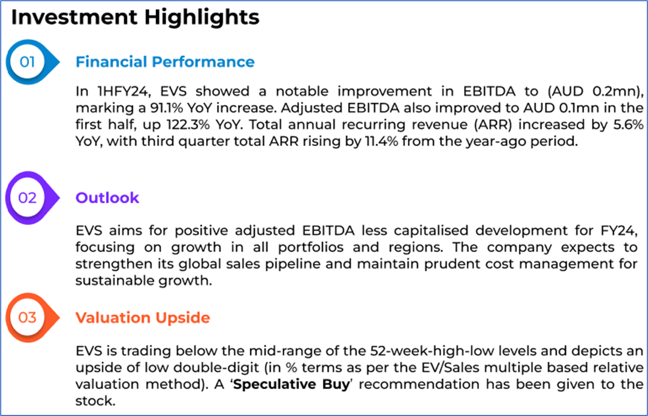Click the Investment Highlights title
click(x=135, y=18)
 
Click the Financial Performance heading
click(x=165, y=62)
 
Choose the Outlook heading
click(x=107, y=198)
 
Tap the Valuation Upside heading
click(x=143, y=318)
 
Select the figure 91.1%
click(x=166, y=108)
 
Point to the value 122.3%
click(x=188, y=125)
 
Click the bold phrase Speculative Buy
click(x=292, y=385)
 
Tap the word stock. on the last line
click(x=95, y=401)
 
